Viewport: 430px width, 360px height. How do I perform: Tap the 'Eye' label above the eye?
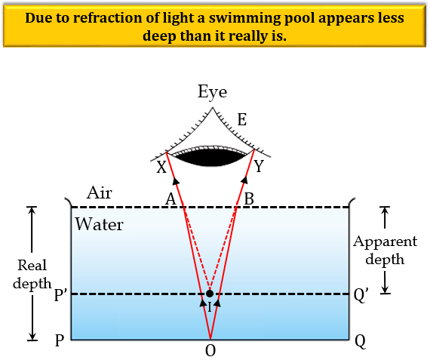(x=213, y=93)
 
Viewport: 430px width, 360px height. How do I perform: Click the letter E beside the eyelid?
(x=242, y=120)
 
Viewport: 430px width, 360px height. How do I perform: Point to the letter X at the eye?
(x=161, y=167)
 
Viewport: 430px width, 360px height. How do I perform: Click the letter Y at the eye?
(x=259, y=166)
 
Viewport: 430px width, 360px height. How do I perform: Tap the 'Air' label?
(x=100, y=193)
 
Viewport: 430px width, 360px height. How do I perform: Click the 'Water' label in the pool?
(x=100, y=224)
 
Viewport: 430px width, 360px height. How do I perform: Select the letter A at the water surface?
(x=170, y=199)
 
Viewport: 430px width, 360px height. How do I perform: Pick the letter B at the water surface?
(x=249, y=199)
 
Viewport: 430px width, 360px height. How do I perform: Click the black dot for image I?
(x=210, y=294)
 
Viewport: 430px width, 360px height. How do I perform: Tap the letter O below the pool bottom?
(x=210, y=351)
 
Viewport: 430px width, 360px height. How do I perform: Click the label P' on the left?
(x=61, y=295)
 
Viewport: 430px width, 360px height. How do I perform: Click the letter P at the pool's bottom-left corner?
(x=60, y=341)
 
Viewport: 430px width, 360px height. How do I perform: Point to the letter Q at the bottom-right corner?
(x=360, y=342)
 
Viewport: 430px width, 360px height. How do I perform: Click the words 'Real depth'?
(x=32, y=274)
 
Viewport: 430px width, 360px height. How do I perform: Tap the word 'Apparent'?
(x=385, y=242)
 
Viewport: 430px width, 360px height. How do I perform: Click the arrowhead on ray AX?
(x=176, y=181)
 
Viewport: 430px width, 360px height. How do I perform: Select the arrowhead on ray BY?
(x=244, y=180)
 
